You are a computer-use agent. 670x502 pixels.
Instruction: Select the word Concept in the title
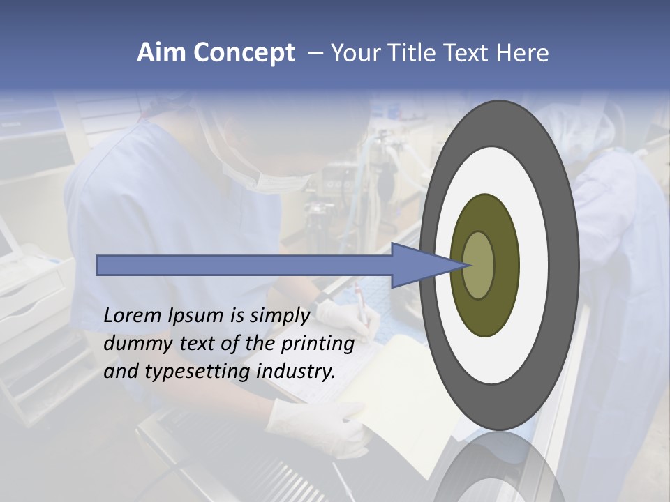(x=244, y=54)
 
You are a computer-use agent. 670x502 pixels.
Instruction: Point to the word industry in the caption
(x=296, y=372)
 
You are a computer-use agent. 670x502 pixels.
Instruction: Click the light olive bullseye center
(x=479, y=265)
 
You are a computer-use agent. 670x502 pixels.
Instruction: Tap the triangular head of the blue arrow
(x=426, y=265)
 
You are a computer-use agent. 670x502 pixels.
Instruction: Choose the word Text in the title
(x=470, y=53)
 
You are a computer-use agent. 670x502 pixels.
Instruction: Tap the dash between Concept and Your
(x=315, y=54)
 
